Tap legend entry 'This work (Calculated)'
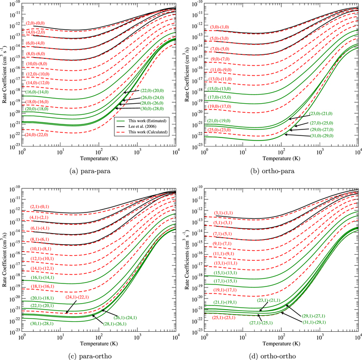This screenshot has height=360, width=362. click(x=151, y=133)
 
